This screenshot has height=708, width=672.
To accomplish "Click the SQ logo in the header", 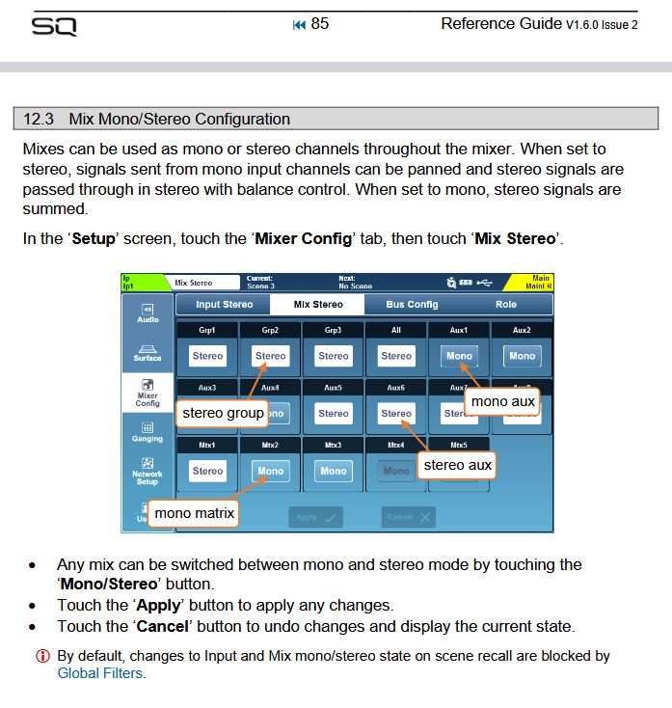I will pos(54,26).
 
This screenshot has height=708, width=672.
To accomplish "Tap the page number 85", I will pos(320,23).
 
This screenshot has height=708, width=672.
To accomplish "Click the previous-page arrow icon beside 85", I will pos(299,24).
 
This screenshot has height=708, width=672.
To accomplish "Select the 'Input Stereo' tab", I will pos(224,305).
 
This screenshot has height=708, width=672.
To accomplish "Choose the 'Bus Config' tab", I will pos(412,305).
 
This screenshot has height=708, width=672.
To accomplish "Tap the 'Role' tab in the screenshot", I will pos(505,305).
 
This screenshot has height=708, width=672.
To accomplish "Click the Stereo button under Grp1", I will pos(207,356).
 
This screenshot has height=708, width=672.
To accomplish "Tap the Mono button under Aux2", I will pos(522,356).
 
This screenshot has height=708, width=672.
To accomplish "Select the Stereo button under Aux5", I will pos(333,413).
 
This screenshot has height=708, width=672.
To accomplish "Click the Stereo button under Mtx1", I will pos(207,471).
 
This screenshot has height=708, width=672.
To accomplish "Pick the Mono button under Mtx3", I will pos(333,471).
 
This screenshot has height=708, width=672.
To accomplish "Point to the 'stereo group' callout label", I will pos(223,413).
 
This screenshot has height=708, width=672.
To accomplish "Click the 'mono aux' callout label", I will pos(502,400).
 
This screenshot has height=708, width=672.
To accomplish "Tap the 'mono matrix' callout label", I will pos(194,513).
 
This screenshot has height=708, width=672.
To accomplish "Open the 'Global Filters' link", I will pos(101,673).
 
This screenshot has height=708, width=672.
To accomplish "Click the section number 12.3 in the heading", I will pos(39,120).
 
